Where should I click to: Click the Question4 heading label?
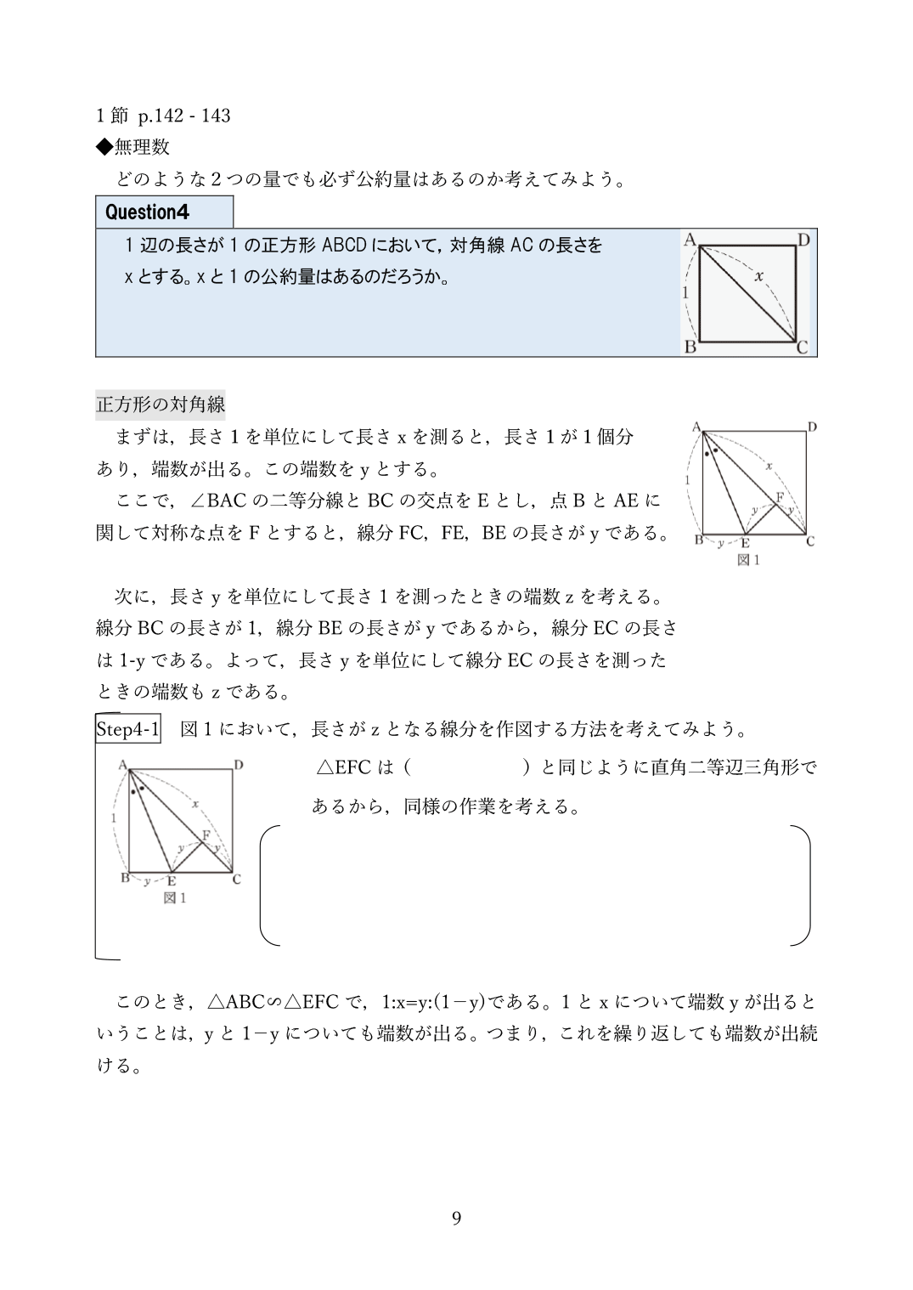coord(147,212)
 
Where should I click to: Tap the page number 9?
coord(456,1219)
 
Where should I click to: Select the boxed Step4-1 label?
coord(128,728)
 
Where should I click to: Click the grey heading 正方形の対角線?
coord(161,404)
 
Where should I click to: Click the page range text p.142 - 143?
coord(184,116)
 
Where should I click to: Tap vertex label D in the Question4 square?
coord(803,240)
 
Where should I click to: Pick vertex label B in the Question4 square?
coord(690,347)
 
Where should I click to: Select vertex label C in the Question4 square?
coord(803,347)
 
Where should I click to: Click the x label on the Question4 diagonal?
coord(758,276)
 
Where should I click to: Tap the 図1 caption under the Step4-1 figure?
coord(175,897)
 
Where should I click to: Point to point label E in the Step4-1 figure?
coord(172,881)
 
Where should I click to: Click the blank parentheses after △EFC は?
coord(466,767)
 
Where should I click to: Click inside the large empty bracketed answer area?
coord(535,885)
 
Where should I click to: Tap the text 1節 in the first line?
coord(111,116)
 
